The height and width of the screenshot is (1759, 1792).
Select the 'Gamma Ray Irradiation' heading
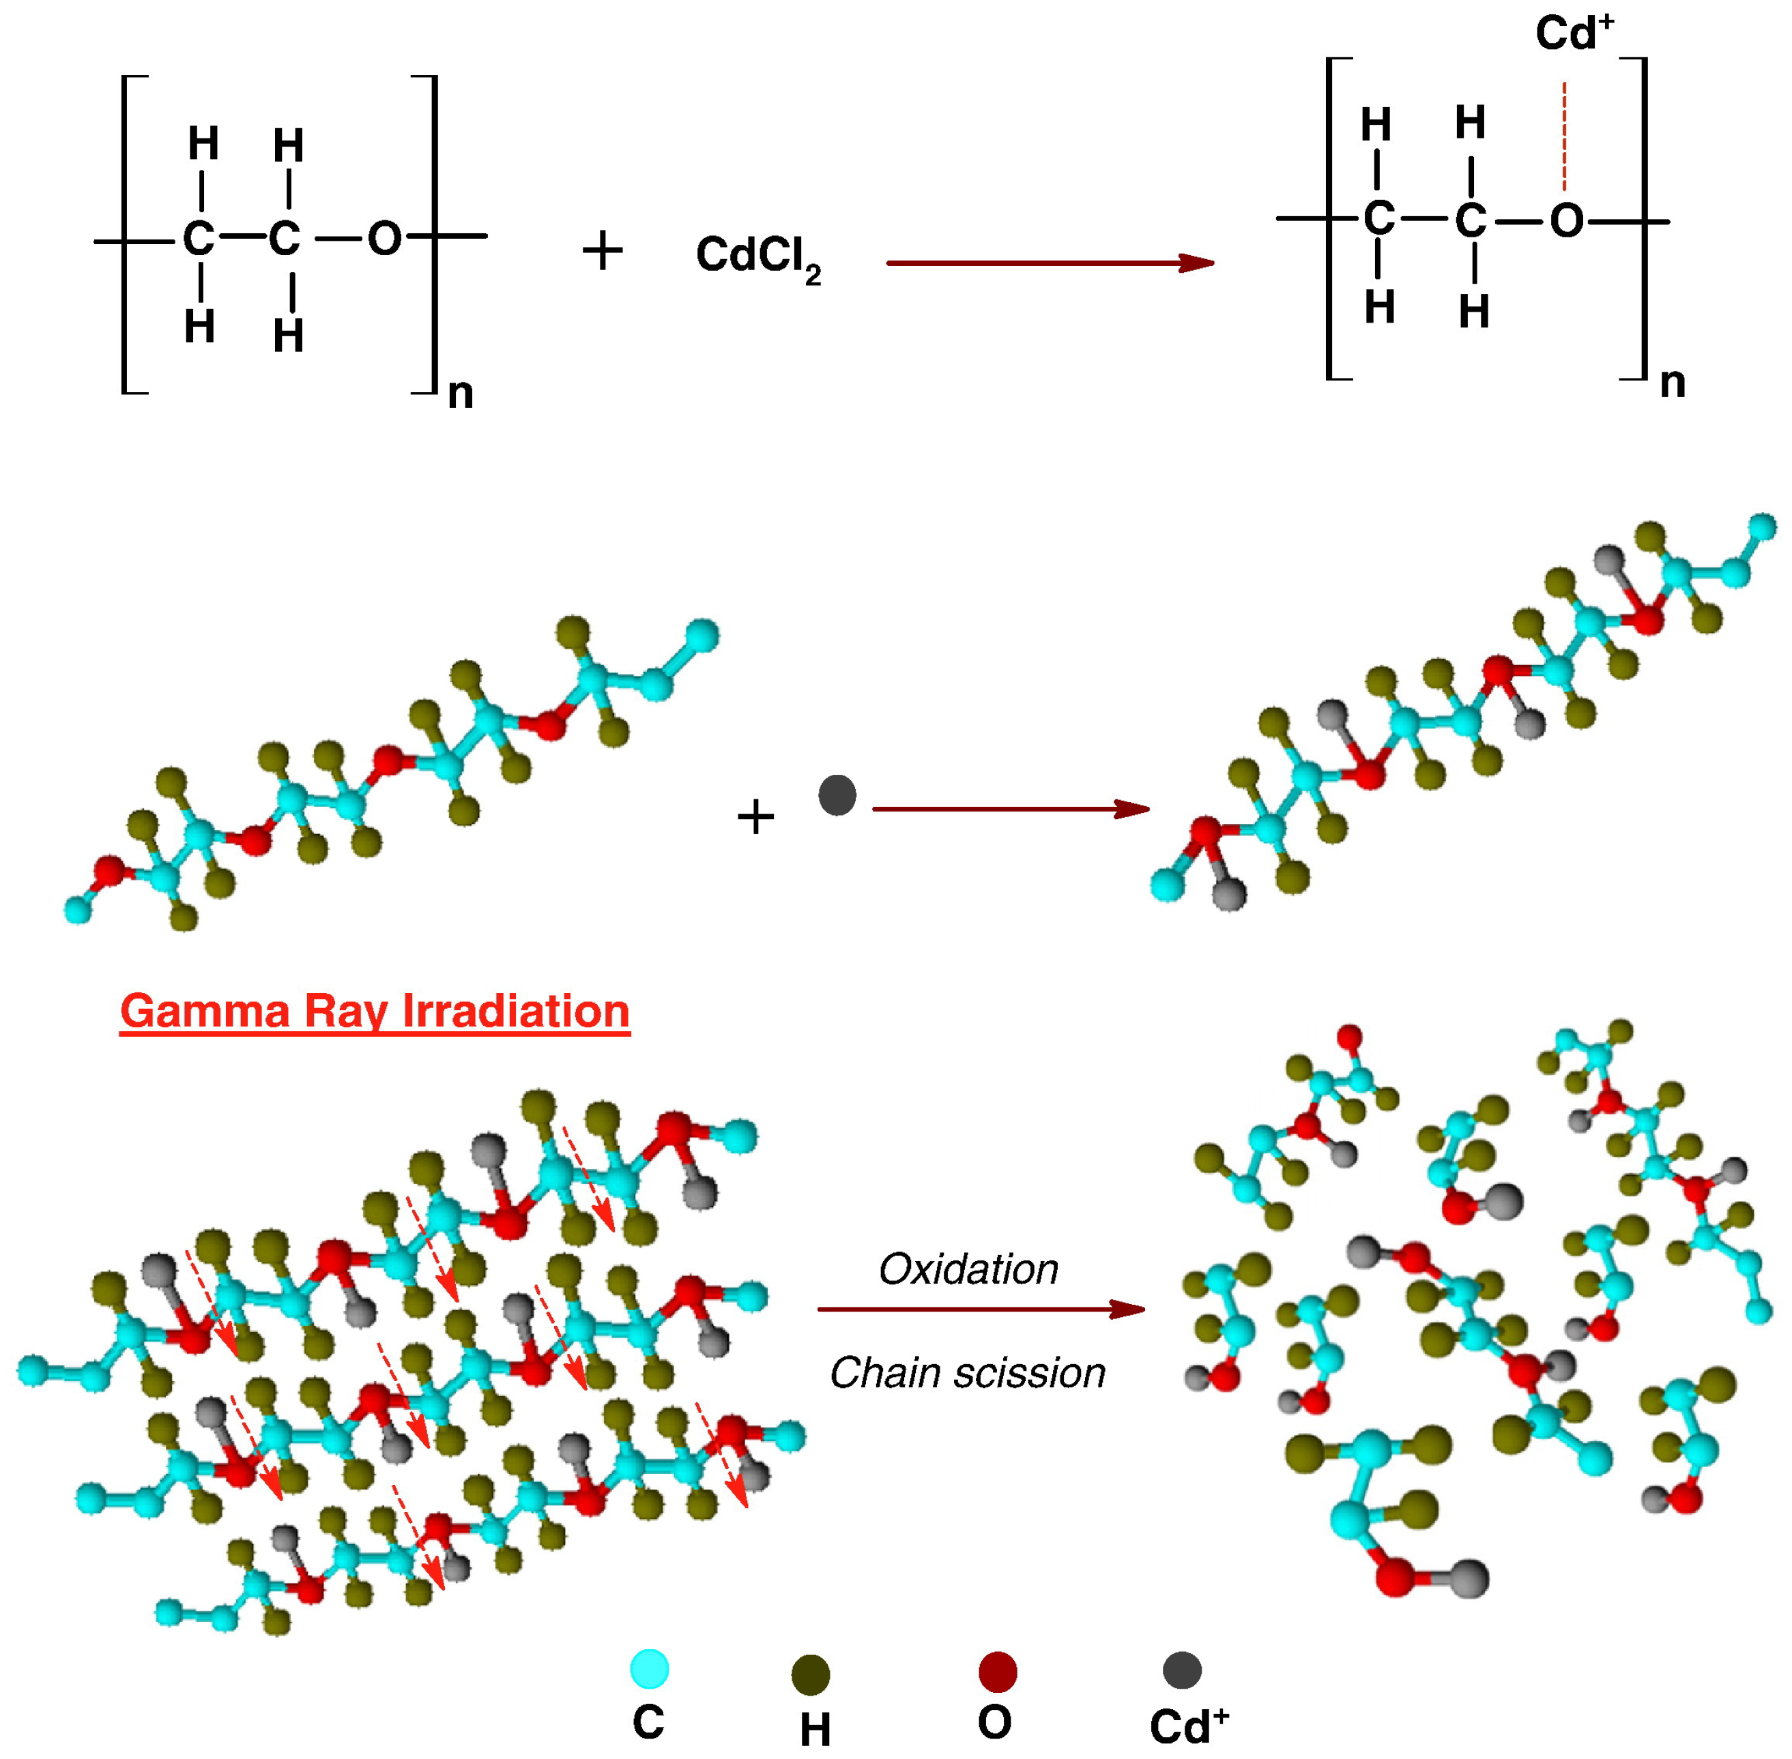374,1011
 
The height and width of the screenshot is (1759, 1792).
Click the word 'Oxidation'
968,1269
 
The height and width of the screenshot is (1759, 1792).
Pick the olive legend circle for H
811,1674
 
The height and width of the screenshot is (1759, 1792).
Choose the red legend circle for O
997,1671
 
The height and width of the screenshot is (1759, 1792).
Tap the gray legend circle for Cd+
1181,1670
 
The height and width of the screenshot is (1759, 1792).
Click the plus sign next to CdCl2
603,251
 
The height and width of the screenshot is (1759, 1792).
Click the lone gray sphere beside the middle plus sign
837,795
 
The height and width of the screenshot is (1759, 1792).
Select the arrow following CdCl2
1049,263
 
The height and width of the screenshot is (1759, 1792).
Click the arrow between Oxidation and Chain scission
981,1309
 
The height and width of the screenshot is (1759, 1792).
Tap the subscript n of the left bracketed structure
460,394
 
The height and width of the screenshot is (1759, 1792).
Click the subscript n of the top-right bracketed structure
1673,383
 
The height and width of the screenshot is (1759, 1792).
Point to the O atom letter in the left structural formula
384,239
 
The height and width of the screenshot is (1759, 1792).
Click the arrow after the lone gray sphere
1010,810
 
